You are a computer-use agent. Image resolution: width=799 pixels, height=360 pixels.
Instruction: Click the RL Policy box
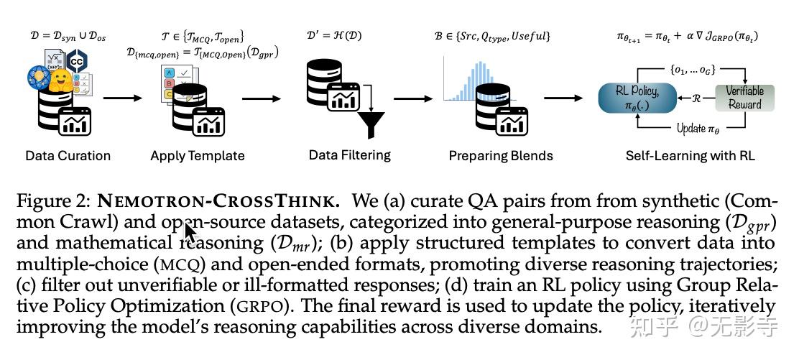pos(636,98)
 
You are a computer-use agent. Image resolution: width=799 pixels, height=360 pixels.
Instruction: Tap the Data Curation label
pos(68,156)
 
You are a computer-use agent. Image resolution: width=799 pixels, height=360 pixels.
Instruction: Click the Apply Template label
pos(198,156)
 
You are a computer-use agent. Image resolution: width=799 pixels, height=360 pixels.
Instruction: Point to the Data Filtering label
pos(349,154)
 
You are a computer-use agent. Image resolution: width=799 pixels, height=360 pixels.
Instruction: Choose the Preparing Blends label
pos(501,156)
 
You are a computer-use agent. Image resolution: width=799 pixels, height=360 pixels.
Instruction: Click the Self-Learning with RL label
pos(690,156)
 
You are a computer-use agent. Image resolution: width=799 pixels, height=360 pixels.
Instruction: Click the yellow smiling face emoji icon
pos(64,80)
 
